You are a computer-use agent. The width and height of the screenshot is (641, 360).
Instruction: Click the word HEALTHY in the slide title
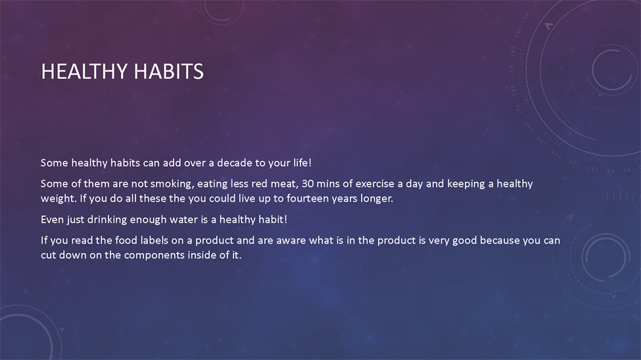84,71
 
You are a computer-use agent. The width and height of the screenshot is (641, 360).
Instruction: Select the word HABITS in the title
168,71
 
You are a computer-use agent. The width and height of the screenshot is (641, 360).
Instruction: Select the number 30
308,183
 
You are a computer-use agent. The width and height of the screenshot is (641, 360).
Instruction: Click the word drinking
107,220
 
